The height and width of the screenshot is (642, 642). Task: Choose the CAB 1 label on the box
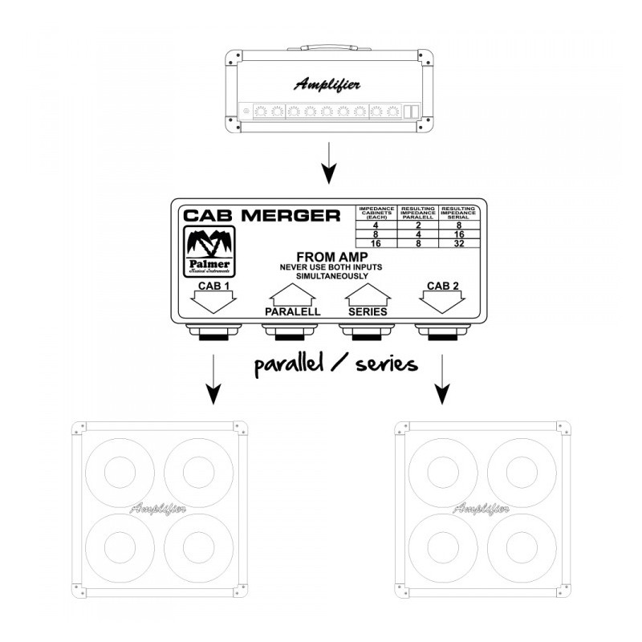(211, 286)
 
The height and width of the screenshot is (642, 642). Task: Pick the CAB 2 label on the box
(444, 286)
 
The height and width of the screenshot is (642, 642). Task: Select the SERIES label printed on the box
(368, 311)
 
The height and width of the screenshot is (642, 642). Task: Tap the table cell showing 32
(461, 242)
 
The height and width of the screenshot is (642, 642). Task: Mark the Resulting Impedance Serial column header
(461, 213)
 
